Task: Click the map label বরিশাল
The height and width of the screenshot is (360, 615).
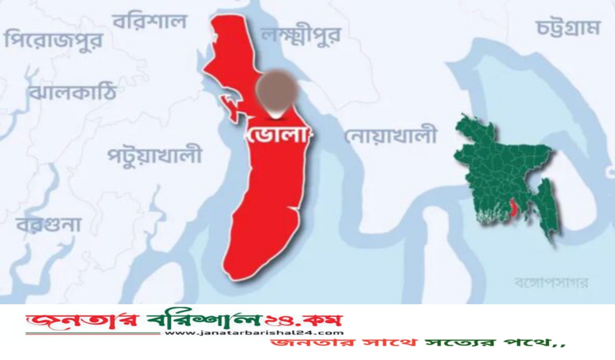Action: tap(149, 22)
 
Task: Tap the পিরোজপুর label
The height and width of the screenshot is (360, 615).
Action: tap(53, 39)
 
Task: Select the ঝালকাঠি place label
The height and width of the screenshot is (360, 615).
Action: tap(72, 91)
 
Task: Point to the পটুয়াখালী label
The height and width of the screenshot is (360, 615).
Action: tap(154, 155)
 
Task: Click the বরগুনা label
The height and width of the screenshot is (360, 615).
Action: tap(49, 224)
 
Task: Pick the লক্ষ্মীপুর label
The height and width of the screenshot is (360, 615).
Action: tap(301, 35)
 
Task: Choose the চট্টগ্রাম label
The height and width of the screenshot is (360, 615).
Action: tap(568, 28)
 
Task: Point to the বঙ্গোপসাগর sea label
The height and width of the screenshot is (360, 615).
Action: tap(551, 282)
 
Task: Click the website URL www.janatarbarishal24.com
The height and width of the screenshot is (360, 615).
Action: tap(254, 333)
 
